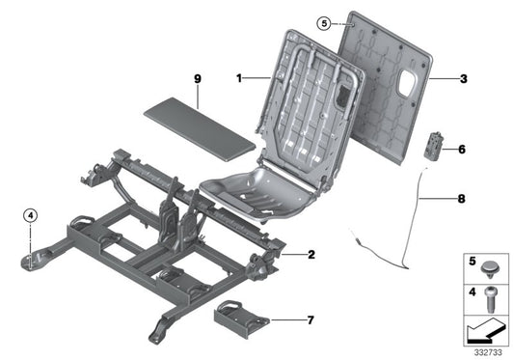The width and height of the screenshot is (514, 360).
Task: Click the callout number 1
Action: tap(237, 75)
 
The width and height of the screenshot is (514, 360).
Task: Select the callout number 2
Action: tap(311, 255)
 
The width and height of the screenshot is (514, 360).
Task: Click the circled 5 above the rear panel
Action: tap(324, 22)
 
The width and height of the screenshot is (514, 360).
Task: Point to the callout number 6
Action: tap(462, 151)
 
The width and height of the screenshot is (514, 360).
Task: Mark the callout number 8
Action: tap(461, 201)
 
